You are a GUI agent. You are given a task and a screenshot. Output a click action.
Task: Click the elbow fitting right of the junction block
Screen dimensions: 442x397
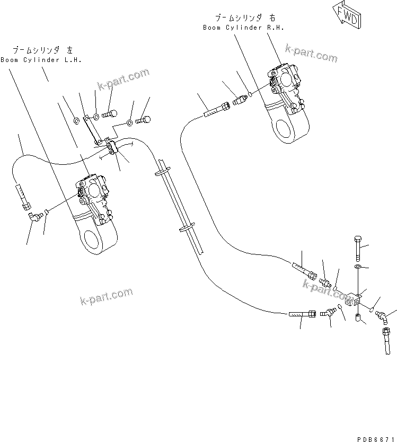[x=381, y=316]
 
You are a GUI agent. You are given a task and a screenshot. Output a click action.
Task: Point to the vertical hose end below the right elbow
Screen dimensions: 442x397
[x=386, y=342]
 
